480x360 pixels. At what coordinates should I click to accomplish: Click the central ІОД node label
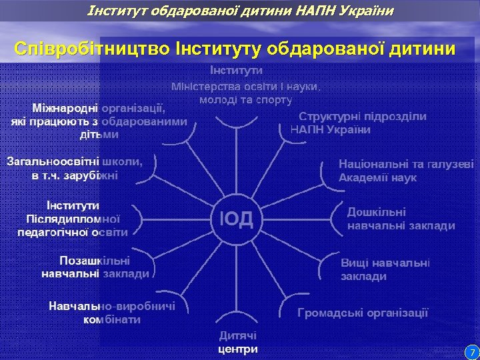click(236, 219)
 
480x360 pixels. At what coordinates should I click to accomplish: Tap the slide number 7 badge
click(471, 351)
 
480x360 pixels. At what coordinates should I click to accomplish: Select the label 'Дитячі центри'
click(237, 343)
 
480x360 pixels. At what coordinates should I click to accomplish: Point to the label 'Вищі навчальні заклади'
click(385, 269)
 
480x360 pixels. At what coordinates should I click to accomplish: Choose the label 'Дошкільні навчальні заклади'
click(401, 219)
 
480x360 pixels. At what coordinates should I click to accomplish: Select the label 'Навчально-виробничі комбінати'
click(112, 313)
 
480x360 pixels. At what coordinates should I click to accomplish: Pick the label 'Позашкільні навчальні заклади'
click(95, 267)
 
